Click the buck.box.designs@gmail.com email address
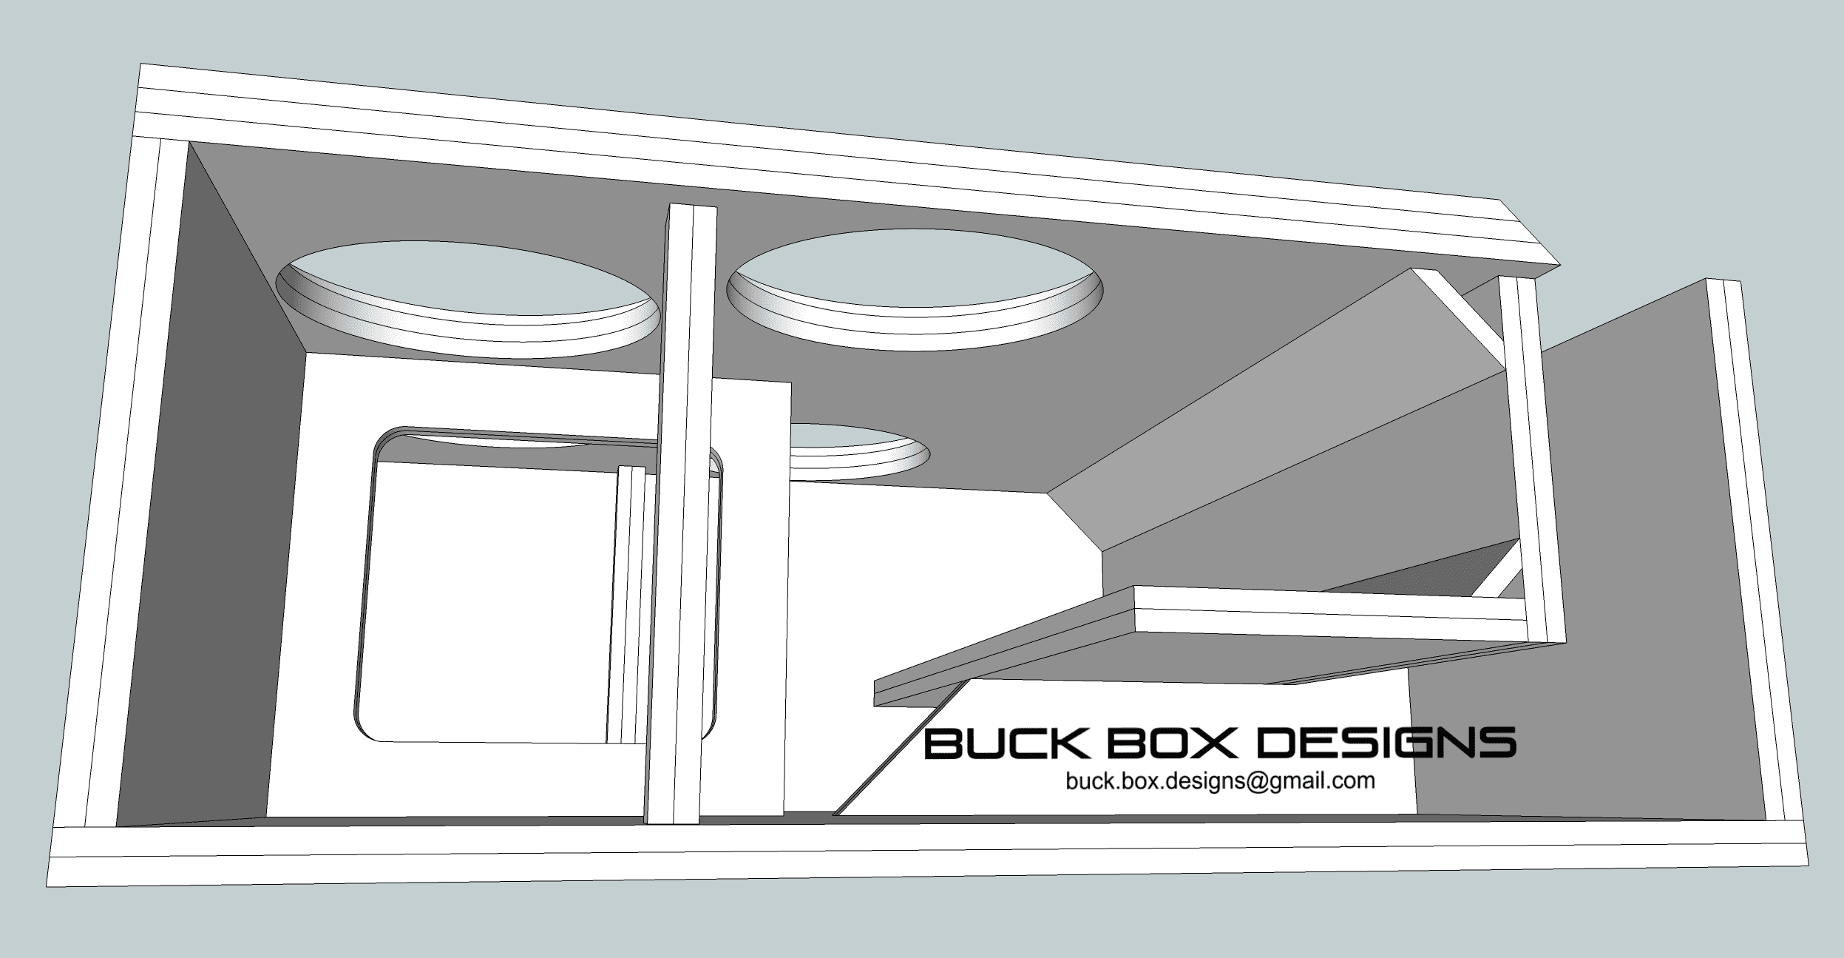click(1220, 781)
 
